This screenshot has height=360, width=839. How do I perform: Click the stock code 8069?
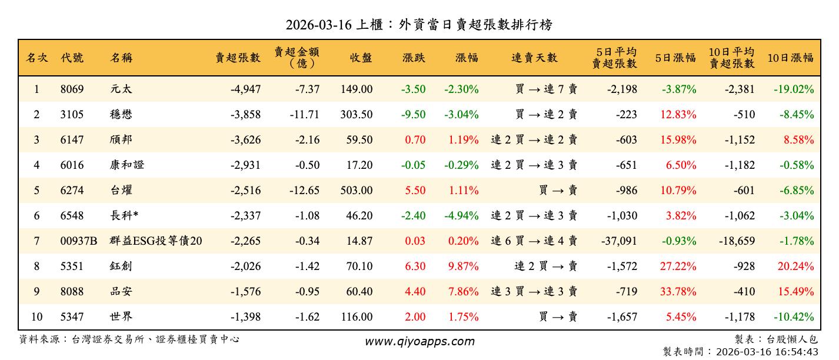coord(72,89)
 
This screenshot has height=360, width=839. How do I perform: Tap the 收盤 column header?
coord(361,58)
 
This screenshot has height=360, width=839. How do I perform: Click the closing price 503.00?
coord(356,191)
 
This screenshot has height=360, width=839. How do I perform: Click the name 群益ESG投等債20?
coord(156,241)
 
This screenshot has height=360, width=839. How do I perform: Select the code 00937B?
coord(78,241)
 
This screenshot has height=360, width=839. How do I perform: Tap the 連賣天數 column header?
coord(534,58)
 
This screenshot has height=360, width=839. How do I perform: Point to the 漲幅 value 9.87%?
coord(463,266)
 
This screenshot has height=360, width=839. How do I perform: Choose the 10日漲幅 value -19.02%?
coord(794,89)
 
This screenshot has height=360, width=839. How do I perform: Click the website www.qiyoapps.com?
coord(419,341)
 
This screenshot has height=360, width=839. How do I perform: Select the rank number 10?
coord(36,317)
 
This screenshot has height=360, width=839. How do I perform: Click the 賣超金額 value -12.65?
coord(304,191)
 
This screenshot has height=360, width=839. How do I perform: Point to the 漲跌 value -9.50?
coord(413,115)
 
